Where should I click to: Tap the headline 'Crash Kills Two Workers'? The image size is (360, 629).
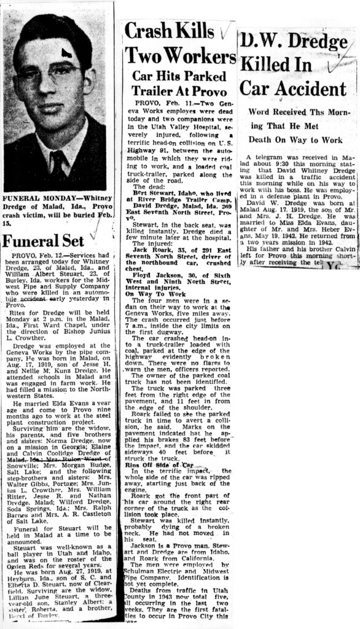click(179, 47)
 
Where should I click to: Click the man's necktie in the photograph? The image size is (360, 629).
click(59, 165)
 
